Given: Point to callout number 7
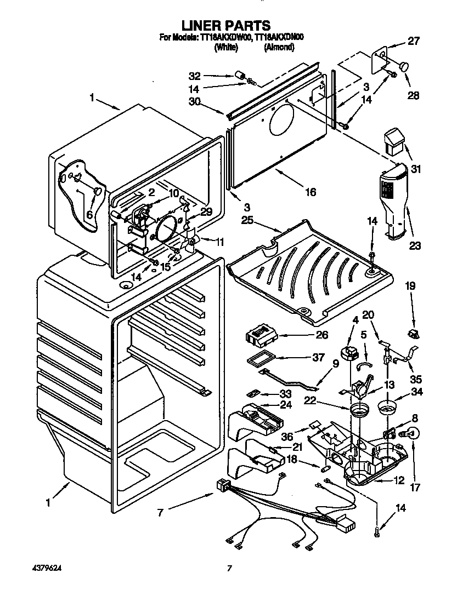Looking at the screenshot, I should coord(160,513).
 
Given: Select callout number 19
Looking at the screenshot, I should coord(411,286).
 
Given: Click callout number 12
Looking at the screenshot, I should coord(399,480).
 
